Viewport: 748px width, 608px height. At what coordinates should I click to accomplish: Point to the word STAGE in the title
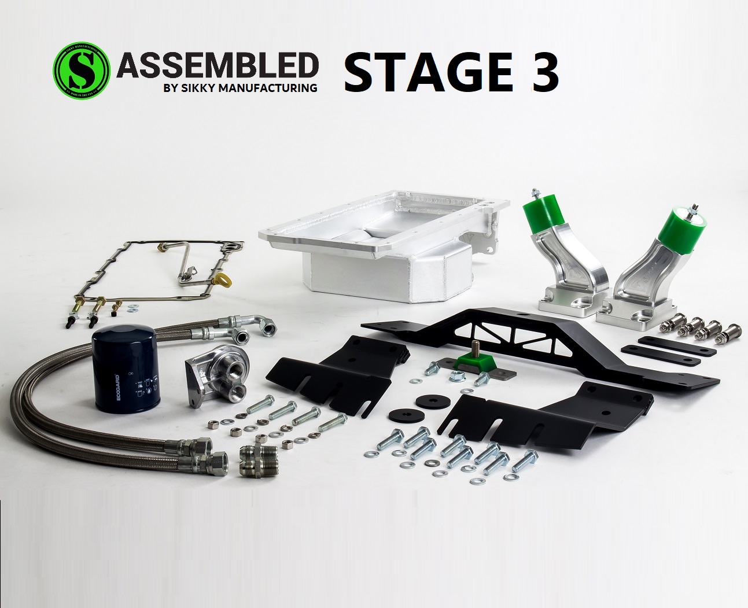pos(429,72)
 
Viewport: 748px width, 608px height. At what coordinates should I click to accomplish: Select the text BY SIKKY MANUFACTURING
pos(241,89)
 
